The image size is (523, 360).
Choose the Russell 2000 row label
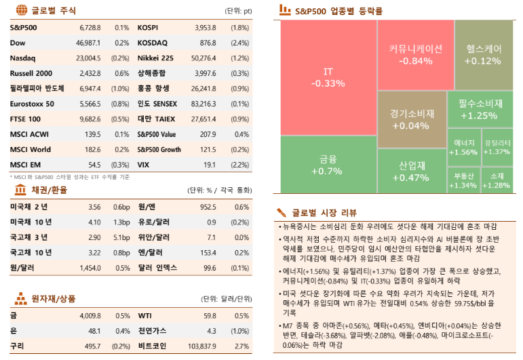[x=31, y=73]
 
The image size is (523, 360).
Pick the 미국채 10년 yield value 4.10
[x=94, y=222]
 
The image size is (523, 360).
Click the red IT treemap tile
[x=328, y=77]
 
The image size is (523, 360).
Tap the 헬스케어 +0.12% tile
[x=482, y=55]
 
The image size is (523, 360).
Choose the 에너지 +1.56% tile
[x=463, y=148]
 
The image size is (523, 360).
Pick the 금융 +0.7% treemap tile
[x=328, y=165]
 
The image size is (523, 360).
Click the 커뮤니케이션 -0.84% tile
[x=415, y=55]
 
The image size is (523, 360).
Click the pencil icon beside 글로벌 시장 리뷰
[x=282, y=212]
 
